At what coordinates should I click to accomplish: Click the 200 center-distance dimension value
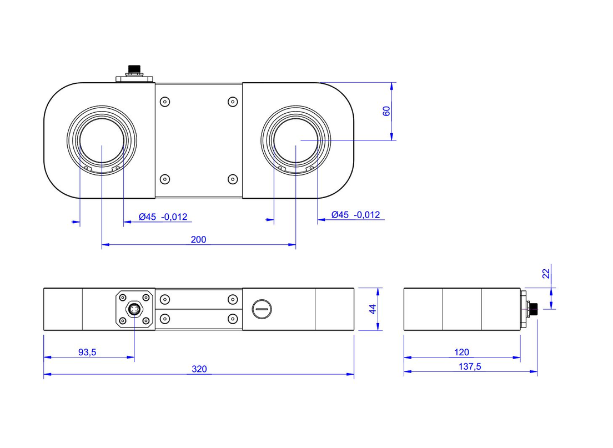198,240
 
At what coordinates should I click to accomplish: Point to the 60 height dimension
387,110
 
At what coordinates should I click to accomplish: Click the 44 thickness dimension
373,309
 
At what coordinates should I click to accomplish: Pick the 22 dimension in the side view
546,273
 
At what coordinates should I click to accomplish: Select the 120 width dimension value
461,352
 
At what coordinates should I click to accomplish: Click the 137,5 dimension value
470,367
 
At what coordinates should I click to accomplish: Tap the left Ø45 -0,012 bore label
163,217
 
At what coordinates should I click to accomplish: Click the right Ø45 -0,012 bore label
355,215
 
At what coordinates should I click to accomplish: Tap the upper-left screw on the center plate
164,102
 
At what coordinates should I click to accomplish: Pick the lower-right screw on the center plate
233,179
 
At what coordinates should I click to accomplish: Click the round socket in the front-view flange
134,309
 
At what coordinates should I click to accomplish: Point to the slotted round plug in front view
262,309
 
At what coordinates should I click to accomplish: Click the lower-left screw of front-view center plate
164,319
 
